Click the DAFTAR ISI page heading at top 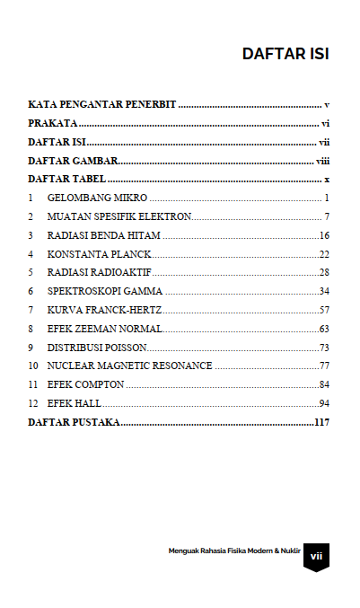point(285,54)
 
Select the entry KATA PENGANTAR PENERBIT point(101,105)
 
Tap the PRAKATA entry point(52,123)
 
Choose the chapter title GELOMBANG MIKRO point(97,198)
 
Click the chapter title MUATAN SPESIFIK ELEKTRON point(119,216)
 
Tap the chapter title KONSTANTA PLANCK point(100,254)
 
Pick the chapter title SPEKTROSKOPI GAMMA point(105,291)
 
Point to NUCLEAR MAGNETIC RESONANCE point(129,366)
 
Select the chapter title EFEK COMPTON point(86,384)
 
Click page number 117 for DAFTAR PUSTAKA point(321,422)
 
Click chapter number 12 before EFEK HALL point(33,403)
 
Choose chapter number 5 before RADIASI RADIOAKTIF point(31,272)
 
